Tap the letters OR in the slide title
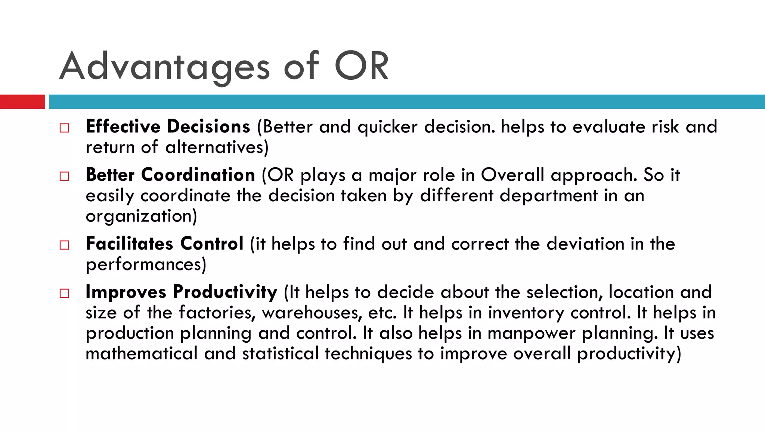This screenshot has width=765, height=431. (361, 67)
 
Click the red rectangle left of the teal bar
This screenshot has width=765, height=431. (22, 102)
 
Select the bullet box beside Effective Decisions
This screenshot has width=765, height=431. (64, 128)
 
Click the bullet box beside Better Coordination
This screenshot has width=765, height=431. (64, 176)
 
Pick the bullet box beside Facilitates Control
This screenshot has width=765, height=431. (64, 245)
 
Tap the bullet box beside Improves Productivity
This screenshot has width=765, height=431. (64, 293)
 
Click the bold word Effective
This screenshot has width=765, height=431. (123, 126)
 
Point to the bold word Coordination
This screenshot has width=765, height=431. (198, 175)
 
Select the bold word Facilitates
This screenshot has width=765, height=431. (129, 244)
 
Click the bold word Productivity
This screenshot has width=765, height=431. (225, 292)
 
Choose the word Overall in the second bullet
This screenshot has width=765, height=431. (512, 175)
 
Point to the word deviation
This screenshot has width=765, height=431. (585, 244)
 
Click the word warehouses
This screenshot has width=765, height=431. (312, 313)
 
